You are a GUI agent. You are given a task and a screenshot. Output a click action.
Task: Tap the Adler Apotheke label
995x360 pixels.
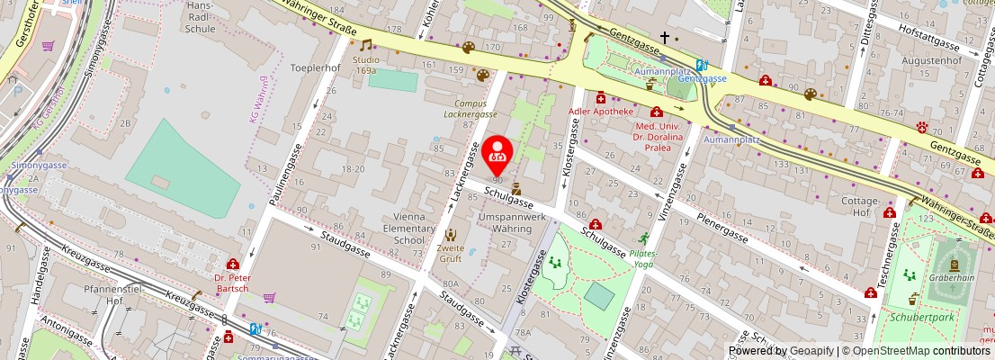(600, 112)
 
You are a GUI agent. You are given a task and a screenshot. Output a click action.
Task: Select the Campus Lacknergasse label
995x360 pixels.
(476, 109)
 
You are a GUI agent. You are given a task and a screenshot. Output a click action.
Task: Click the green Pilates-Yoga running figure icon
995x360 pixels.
(643, 238)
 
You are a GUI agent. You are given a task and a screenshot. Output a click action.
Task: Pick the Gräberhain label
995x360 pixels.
(952, 277)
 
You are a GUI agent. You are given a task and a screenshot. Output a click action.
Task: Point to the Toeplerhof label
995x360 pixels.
(315, 67)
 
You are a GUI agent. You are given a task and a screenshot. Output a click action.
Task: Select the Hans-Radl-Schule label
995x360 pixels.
(199, 17)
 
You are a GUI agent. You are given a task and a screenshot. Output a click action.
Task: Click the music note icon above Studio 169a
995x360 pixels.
(365, 45)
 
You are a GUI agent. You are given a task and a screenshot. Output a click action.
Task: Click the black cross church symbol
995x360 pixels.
(664, 38)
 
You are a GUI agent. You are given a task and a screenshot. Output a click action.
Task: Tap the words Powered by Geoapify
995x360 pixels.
(780, 351)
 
